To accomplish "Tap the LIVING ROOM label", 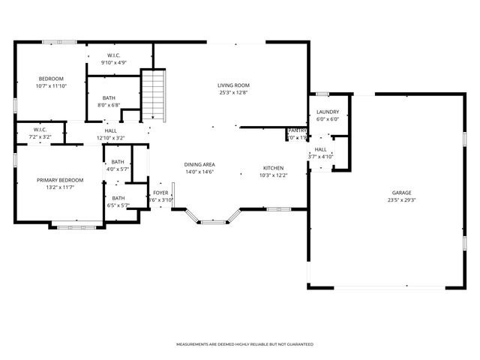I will (x=233, y=86).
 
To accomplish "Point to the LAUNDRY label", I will (x=327, y=112).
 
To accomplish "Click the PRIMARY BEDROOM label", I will (x=60, y=180).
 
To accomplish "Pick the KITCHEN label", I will (x=273, y=167).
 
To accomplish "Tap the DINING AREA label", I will (x=199, y=164).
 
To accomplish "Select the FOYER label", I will (x=160, y=193).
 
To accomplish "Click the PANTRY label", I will (x=298, y=130).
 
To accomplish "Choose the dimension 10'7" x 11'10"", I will (x=51, y=86).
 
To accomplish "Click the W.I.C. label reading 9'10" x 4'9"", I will (x=114, y=62).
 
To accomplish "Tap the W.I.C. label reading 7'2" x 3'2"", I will (x=40, y=137).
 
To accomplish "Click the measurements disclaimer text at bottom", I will (x=244, y=344).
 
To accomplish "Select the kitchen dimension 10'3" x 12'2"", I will (x=273, y=175).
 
